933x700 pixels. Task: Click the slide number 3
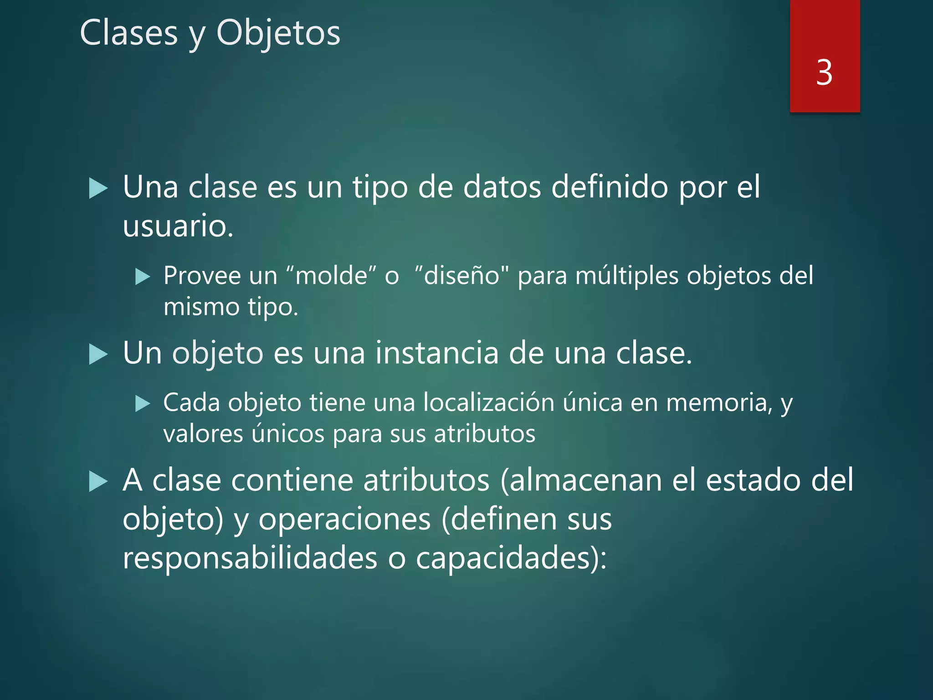[824, 72]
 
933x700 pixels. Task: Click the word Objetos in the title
[278, 33]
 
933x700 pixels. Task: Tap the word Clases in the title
[129, 33]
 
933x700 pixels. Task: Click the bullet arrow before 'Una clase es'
[98, 189]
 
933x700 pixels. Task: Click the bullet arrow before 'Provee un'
[143, 277]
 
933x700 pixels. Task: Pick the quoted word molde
[331, 276]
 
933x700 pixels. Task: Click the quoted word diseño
[462, 276]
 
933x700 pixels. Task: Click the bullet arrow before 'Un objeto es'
[98, 355]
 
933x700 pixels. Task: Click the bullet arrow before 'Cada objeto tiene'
[143, 404]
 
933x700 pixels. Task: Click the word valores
[203, 434]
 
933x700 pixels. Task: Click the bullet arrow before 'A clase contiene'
[98, 482]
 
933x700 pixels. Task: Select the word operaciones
[344, 520]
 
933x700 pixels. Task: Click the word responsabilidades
[250, 558]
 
